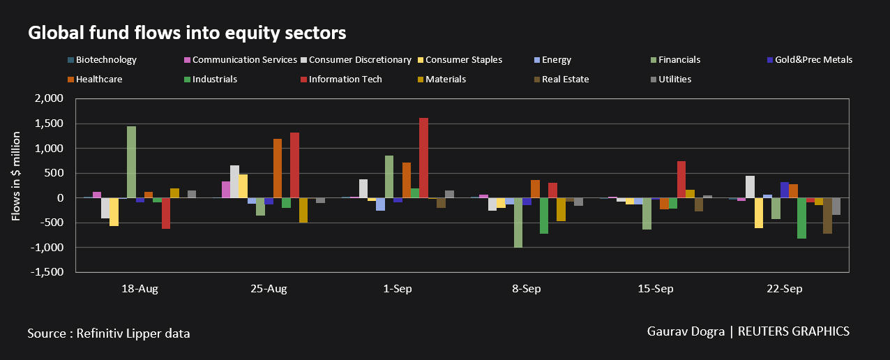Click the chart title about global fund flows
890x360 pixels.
[187, 32]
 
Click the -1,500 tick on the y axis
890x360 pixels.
[49, 272]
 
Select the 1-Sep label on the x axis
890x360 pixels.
[398, 289]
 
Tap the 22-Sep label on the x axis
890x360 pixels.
[785, 289]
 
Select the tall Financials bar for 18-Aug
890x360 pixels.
[131, 163]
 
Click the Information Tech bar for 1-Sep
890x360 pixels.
[423, 158]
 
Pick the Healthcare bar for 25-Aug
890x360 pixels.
[278, 168]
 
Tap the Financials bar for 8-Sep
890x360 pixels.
[518, 223]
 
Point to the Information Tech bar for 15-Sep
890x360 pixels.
[681, 180]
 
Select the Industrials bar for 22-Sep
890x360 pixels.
[801, 218]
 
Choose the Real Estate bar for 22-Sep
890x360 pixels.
[827, 216]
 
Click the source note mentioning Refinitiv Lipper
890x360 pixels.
[109, 333]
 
